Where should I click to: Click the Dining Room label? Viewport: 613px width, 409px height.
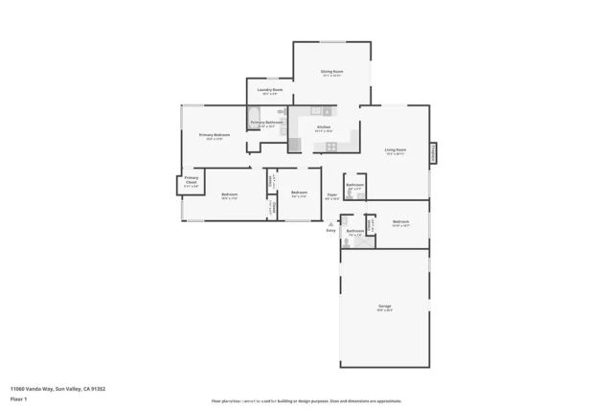click(x=331, y=71)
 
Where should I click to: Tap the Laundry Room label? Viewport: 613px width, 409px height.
click(x=269, y=90)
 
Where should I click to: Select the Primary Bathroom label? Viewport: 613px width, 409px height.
click(x=266, y=123)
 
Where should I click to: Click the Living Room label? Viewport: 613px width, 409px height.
click(x=395, y=149)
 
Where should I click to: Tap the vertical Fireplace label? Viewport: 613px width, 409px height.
click(x=433, y=152)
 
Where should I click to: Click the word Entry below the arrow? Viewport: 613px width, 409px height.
click(x=331, y=231)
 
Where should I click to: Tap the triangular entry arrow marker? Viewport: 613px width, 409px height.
click(x=331, y=223)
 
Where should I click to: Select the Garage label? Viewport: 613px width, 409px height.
click(x=384, y=306)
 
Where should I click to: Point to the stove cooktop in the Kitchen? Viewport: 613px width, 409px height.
click(x=331, y=146)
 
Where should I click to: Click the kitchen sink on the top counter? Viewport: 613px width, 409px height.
click(x=326, y=112)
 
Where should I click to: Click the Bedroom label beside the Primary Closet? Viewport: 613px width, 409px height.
click(x=229, y=194)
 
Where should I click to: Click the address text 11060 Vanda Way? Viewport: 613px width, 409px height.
click(x=57, y=389)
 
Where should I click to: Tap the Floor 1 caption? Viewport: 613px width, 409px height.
click(x=18, y=398)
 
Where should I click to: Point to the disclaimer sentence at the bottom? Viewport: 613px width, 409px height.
click(x=306, y=401)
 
